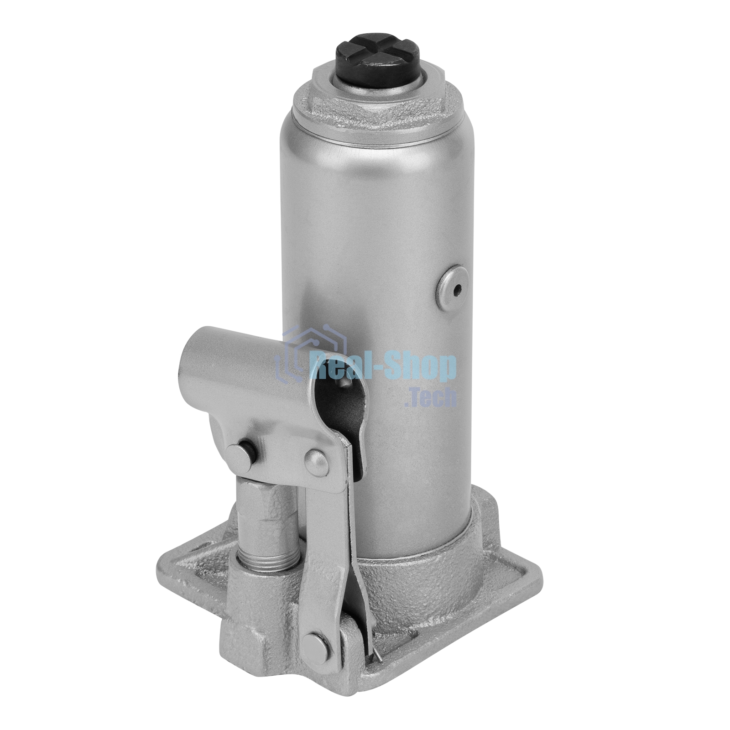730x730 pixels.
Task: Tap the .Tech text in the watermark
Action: click(430, 396)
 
